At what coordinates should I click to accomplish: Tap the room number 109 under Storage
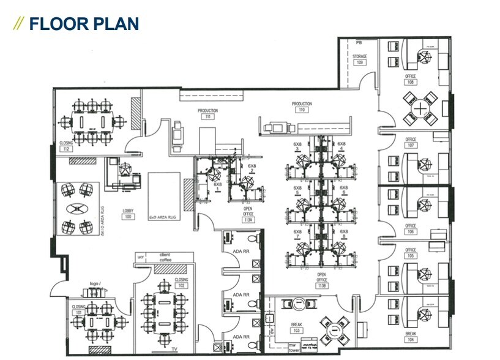point(360,62)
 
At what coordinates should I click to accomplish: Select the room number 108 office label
point(411,82)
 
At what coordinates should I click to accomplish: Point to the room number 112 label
point(66,148)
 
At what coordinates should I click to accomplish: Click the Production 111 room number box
point(208,116)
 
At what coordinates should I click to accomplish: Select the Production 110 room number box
point(302,110)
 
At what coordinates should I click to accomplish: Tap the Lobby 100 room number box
point(128,217)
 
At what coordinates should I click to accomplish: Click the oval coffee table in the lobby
point(78,209)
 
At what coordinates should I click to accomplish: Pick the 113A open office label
point(248,219)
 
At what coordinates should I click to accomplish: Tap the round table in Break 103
point(335,331)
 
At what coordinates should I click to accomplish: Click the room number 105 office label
point(411,255)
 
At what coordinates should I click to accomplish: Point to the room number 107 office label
point(411,146)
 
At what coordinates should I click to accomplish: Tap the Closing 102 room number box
point(181,285)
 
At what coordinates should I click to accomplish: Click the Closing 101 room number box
point(78,312)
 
